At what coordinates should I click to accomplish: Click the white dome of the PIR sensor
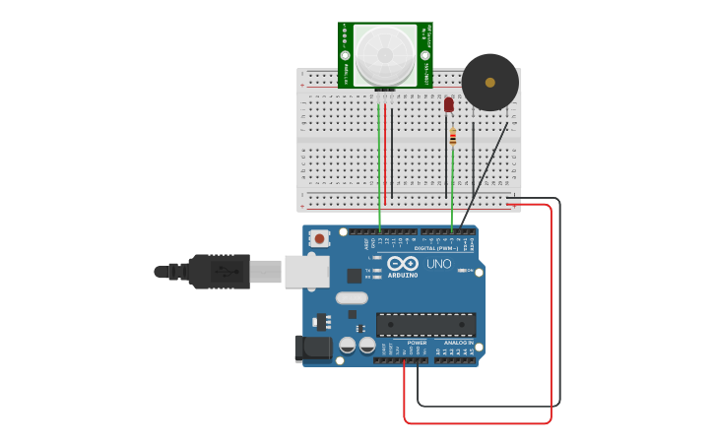coord(386,54)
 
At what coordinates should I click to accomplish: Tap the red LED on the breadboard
coord(449,104)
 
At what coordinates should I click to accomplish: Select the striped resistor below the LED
coord(452,137)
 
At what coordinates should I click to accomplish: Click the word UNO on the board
coord(438,264)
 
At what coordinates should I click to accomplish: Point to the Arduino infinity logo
coord(403,263)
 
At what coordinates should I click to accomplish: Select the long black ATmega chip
coord(425,324)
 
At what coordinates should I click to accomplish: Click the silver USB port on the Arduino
coord(306,271)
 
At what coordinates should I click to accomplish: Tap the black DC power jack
coord(313,348)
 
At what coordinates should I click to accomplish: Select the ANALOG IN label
coord(458,343)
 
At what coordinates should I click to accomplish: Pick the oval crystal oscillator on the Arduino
coord(352,297)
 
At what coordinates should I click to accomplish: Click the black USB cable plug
coord(222,271)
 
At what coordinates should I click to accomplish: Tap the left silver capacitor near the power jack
coord(348,345)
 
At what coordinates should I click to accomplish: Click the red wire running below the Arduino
coord(478,423)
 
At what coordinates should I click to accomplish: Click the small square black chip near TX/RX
coord(354,276)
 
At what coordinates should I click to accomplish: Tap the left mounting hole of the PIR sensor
coord(346,55)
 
